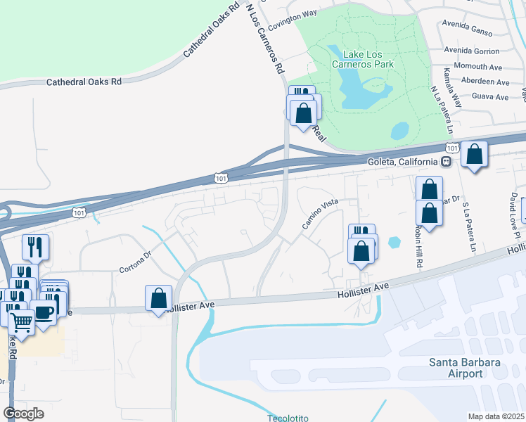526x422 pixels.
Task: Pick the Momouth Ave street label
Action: [x=477, y=67]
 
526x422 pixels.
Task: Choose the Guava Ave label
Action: [x=491, y=96]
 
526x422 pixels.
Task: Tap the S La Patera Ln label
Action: [x=468, y=228]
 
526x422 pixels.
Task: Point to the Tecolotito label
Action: [x=288, y=418]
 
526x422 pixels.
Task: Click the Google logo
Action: [x=24, y=414]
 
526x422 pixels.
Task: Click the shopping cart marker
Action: [x=21, y=324]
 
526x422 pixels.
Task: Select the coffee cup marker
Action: [x=44, y=312]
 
